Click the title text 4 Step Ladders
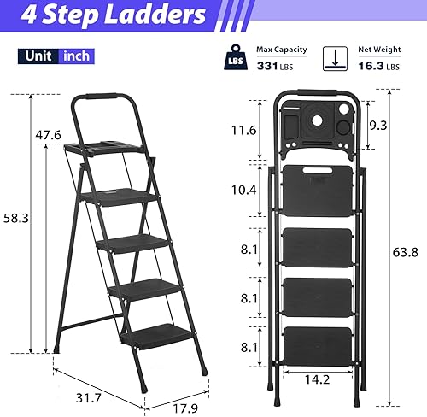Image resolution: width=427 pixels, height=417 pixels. pos(103,15)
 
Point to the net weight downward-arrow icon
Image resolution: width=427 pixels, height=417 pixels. pos(335,59)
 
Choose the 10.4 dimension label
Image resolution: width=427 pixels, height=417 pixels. pos(246,189)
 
